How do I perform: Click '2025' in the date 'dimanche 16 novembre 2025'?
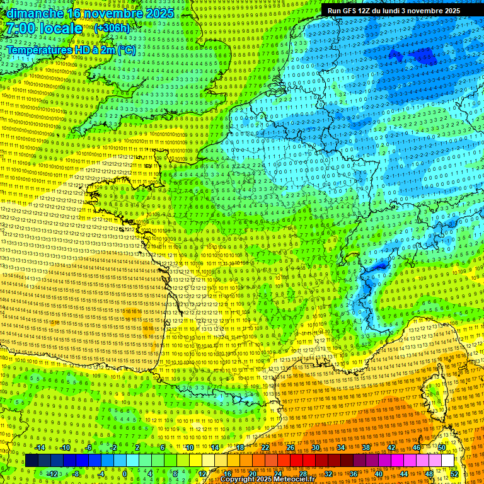[157, 13]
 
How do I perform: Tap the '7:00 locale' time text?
[43, 28]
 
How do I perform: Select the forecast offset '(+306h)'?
[112, 28]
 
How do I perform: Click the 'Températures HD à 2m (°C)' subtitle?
[70, 49]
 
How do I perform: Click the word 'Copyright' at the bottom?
[238, 480]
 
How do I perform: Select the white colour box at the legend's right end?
[447, 461]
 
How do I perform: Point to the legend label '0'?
[124, 474]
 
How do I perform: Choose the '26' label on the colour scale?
[290, 447]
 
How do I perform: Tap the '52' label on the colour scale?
[454, 474]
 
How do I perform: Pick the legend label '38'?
[366, 447]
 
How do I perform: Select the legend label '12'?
[202, 474]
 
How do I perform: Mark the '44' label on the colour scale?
[403, 474]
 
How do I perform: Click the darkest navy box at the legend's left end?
[32, 461]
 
